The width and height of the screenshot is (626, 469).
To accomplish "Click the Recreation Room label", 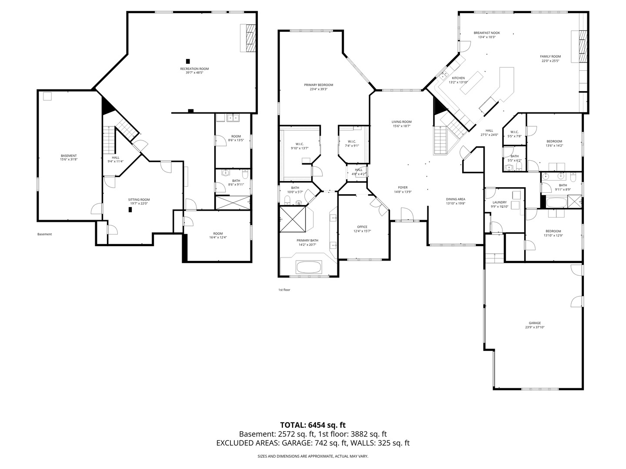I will pyautogui.click(x=194, y=69).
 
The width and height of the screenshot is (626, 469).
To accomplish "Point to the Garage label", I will pyautogui.click(x=535, y=323).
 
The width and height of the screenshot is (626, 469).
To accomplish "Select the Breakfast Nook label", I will pyautogui.click(x=487, y=33).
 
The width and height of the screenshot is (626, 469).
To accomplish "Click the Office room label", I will pyautogui.click(x=362, y=227).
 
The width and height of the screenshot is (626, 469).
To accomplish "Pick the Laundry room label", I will pyautogui.click(x=499, y=202).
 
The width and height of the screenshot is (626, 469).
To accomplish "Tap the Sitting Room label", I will pyautogui.click(x=139, y=200).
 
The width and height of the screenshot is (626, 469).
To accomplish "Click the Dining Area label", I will pyautogui.click(x=456, y=199).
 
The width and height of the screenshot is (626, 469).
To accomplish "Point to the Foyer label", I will pyautogui.click(x=403, y=188).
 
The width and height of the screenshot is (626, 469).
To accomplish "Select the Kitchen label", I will pyautogui.click(x=458, y=78).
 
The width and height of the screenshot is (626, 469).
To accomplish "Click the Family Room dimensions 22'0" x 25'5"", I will pyautogui.click(x=550, y=61).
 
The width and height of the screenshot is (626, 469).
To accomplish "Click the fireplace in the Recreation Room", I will pyautogui.click(x=250, y=38).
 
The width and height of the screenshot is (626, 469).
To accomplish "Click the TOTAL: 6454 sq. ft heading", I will pyautogui.click(x=313, y=425).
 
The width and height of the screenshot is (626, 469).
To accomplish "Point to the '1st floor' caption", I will pyautogui.click(x=284, y=290).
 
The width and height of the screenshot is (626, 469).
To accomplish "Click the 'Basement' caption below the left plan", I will pyautogui.click(x=44, y=234).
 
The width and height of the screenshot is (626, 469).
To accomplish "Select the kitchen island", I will pyautogui.click(x=473, y=83).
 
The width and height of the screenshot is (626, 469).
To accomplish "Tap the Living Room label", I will pyautogui.click(x=401, y=122).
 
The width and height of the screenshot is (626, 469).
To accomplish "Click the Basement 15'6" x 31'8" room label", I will pyautogui.click(x=68, y=156).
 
